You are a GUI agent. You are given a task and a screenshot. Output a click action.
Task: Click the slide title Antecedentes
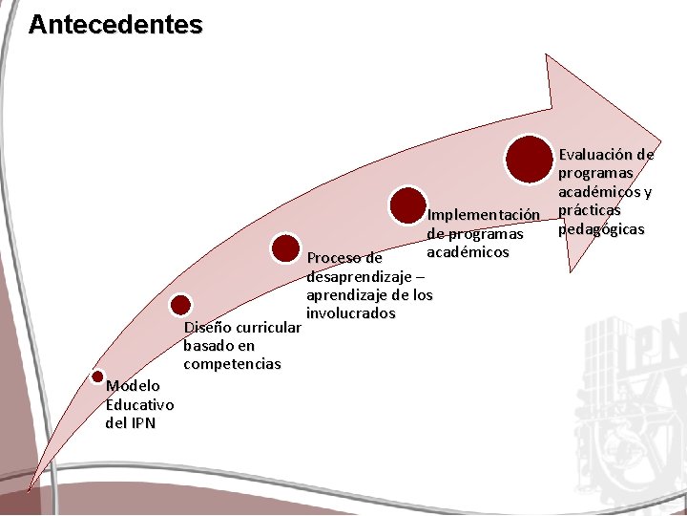point(115,24)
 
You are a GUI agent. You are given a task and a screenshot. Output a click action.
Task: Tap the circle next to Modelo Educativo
point(97,377)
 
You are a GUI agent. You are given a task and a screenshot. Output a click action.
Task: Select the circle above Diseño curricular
point(180,305)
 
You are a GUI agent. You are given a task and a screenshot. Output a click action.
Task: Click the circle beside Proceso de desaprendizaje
point(286,248)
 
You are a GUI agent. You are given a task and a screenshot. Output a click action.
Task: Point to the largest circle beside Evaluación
point(530,160)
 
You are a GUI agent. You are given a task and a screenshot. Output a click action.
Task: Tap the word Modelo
point(133,386)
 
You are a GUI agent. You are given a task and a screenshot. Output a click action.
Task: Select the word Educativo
point(139,404)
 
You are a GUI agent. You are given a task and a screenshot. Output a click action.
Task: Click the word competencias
point(232,364)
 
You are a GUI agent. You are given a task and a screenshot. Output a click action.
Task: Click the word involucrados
point(350,313)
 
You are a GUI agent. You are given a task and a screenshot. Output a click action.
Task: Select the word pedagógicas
point(601,229)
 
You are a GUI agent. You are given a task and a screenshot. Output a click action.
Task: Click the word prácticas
point(590,210)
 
